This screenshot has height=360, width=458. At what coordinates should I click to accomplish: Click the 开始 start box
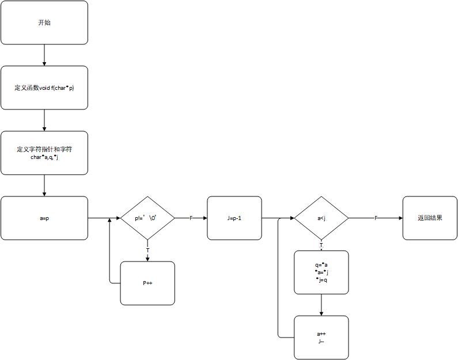[x=44, y=22]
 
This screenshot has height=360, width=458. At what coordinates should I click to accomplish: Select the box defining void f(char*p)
[x=44, y=88]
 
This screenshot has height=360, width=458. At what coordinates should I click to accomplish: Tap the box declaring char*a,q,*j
[x=44, y=153]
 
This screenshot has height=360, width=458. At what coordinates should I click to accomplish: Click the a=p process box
[x=44, y=218]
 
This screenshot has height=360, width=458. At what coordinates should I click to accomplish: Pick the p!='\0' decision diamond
[x=147, y=218]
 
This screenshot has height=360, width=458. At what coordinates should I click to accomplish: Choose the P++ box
[x=147, y=283]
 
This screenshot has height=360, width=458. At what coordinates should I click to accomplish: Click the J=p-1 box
[x=234, y=218]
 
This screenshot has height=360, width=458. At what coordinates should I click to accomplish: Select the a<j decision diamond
[x=321, y=218]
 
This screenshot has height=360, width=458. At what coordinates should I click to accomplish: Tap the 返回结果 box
[x=430, y=218]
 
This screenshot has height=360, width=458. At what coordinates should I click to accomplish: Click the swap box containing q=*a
[x=321, y=272]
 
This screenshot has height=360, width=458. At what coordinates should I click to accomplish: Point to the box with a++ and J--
[x=321, y=337]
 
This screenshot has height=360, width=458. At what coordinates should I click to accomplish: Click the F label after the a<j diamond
[x=376, y=218]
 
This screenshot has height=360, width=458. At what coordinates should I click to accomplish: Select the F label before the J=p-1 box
[x=191, y=218]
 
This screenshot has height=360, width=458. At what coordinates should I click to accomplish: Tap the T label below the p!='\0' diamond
[x=147, y=250]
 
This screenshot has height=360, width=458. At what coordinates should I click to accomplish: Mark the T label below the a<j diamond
[x=321, y=245]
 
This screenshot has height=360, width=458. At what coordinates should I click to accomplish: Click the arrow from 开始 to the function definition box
[x=44, y=55]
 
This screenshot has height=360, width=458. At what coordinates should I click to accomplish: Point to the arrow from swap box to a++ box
[x=321, y=305]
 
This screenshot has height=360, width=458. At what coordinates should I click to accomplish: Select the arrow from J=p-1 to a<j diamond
[x=278, y=218]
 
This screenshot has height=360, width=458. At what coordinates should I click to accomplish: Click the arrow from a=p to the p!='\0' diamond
[x=104, y=218]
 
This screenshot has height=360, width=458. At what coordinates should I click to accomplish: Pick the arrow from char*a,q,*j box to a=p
[x=44, y=185]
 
